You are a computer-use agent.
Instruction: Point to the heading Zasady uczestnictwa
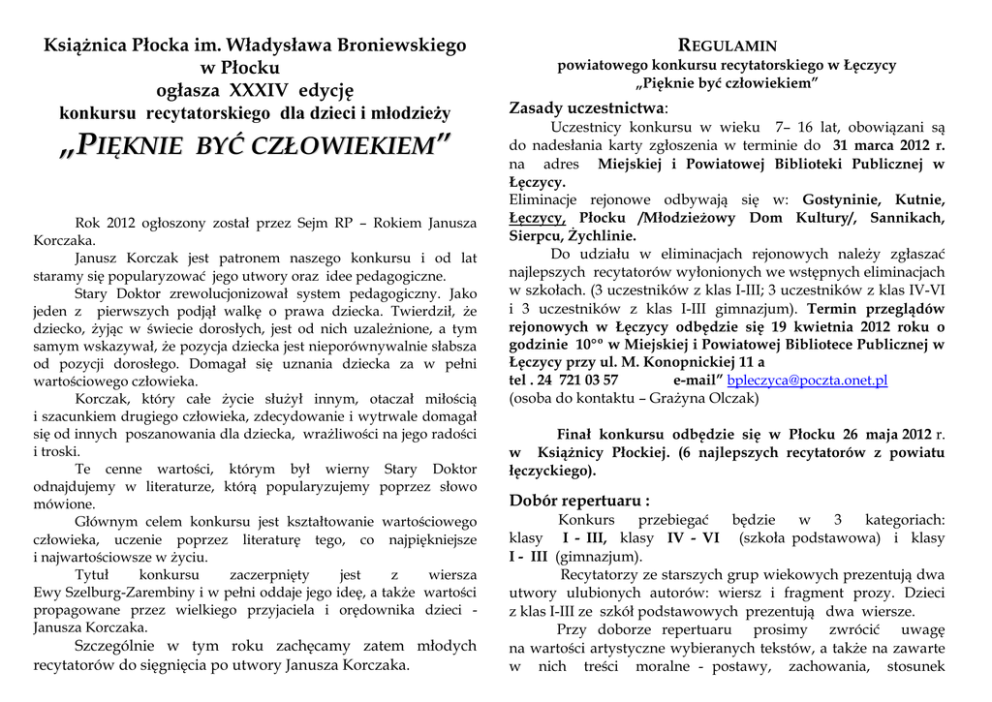[586, 107]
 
